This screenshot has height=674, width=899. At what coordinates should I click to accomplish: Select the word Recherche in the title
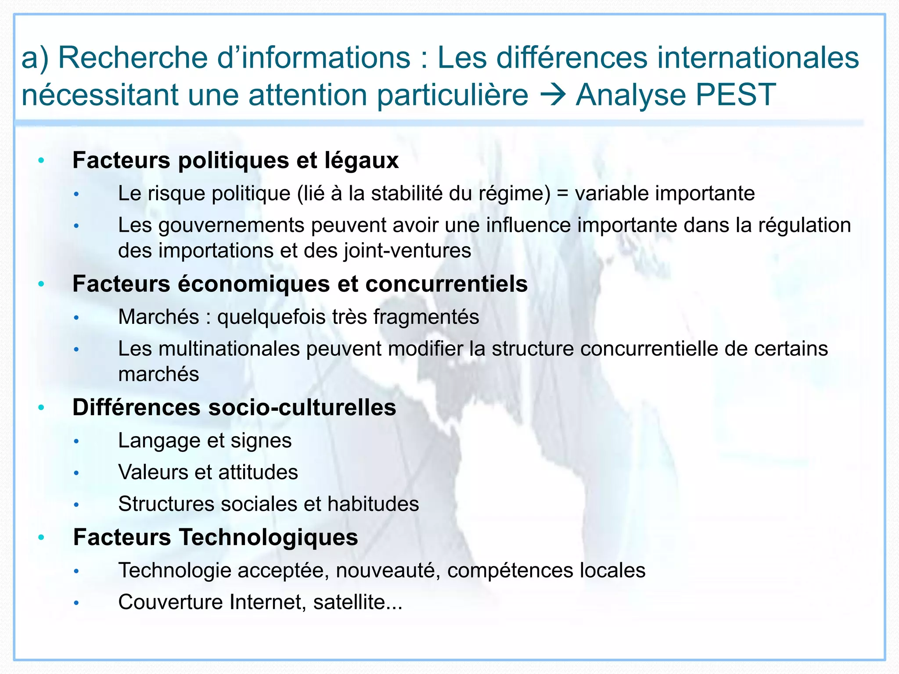(133, 57)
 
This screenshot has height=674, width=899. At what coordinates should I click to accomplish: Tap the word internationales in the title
(753, 57)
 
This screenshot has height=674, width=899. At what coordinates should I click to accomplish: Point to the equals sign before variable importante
(562, 194)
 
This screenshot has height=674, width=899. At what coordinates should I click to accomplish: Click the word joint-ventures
(407, 251)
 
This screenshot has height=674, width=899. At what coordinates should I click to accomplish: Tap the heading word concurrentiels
(446, 284)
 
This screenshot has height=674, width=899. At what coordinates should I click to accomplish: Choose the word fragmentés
(426, 317)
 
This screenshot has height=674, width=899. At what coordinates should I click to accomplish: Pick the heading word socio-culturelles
(302, 408)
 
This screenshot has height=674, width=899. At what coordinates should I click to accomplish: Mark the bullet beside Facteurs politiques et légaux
(41, 161)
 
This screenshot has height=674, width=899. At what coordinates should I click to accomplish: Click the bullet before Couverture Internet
(76, 603)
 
